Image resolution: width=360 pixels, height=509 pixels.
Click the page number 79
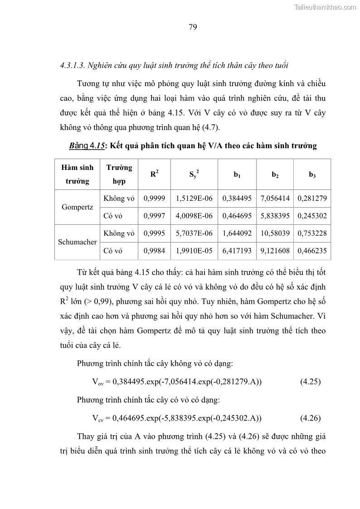(x=192, y=27)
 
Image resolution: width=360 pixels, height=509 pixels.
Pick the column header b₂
(x=275, y=175)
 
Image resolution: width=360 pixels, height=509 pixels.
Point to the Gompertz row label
(x=78, y=207)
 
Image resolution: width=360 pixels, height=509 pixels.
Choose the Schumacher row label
(x=78, y=242)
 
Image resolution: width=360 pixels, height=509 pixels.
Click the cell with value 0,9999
(x=154, y=198)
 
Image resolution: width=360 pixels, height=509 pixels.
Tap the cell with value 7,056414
(x=275, y=198)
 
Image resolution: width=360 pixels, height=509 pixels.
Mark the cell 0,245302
(x=312, y=216)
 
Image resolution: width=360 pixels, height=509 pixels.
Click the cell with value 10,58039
(x=275, y=233)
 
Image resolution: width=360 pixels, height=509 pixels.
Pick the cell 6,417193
(x=237, y=251)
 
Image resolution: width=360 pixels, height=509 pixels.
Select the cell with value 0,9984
(x=154, y=251)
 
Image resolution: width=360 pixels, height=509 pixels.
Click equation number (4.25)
(x=310, y=382)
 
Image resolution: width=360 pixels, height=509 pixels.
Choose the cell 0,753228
(x=312, y=233)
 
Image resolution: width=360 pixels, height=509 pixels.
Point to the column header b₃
(x=312, y=175)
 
